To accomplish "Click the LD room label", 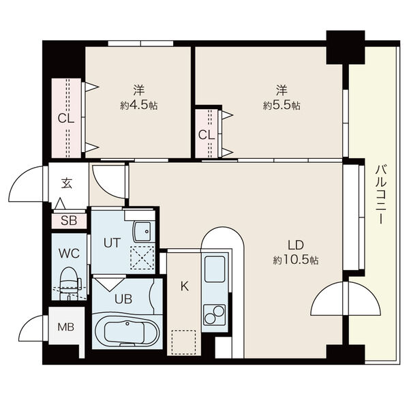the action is point(296,245).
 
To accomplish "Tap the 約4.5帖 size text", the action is point(139,106).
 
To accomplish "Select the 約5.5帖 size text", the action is point(282,106).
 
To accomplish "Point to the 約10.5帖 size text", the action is point(296,260).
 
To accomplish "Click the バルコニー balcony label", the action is point(381,194).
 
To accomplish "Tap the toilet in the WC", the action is point(70,283).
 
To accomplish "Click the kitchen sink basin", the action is point(215,269).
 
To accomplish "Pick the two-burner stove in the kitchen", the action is point(215,315).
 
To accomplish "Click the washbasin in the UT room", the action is point(142,232).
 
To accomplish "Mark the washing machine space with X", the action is point(142,258).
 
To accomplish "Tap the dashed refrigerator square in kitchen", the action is point(183,342).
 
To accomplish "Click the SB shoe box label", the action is point(69,221).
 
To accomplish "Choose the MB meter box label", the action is point(66,327).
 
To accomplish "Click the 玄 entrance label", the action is point(67,183).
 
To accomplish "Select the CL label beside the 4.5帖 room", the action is point(66,119).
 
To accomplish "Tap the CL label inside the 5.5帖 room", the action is point(207,135).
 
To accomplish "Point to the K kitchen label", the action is point(185,286).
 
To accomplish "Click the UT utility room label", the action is point(112,243).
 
